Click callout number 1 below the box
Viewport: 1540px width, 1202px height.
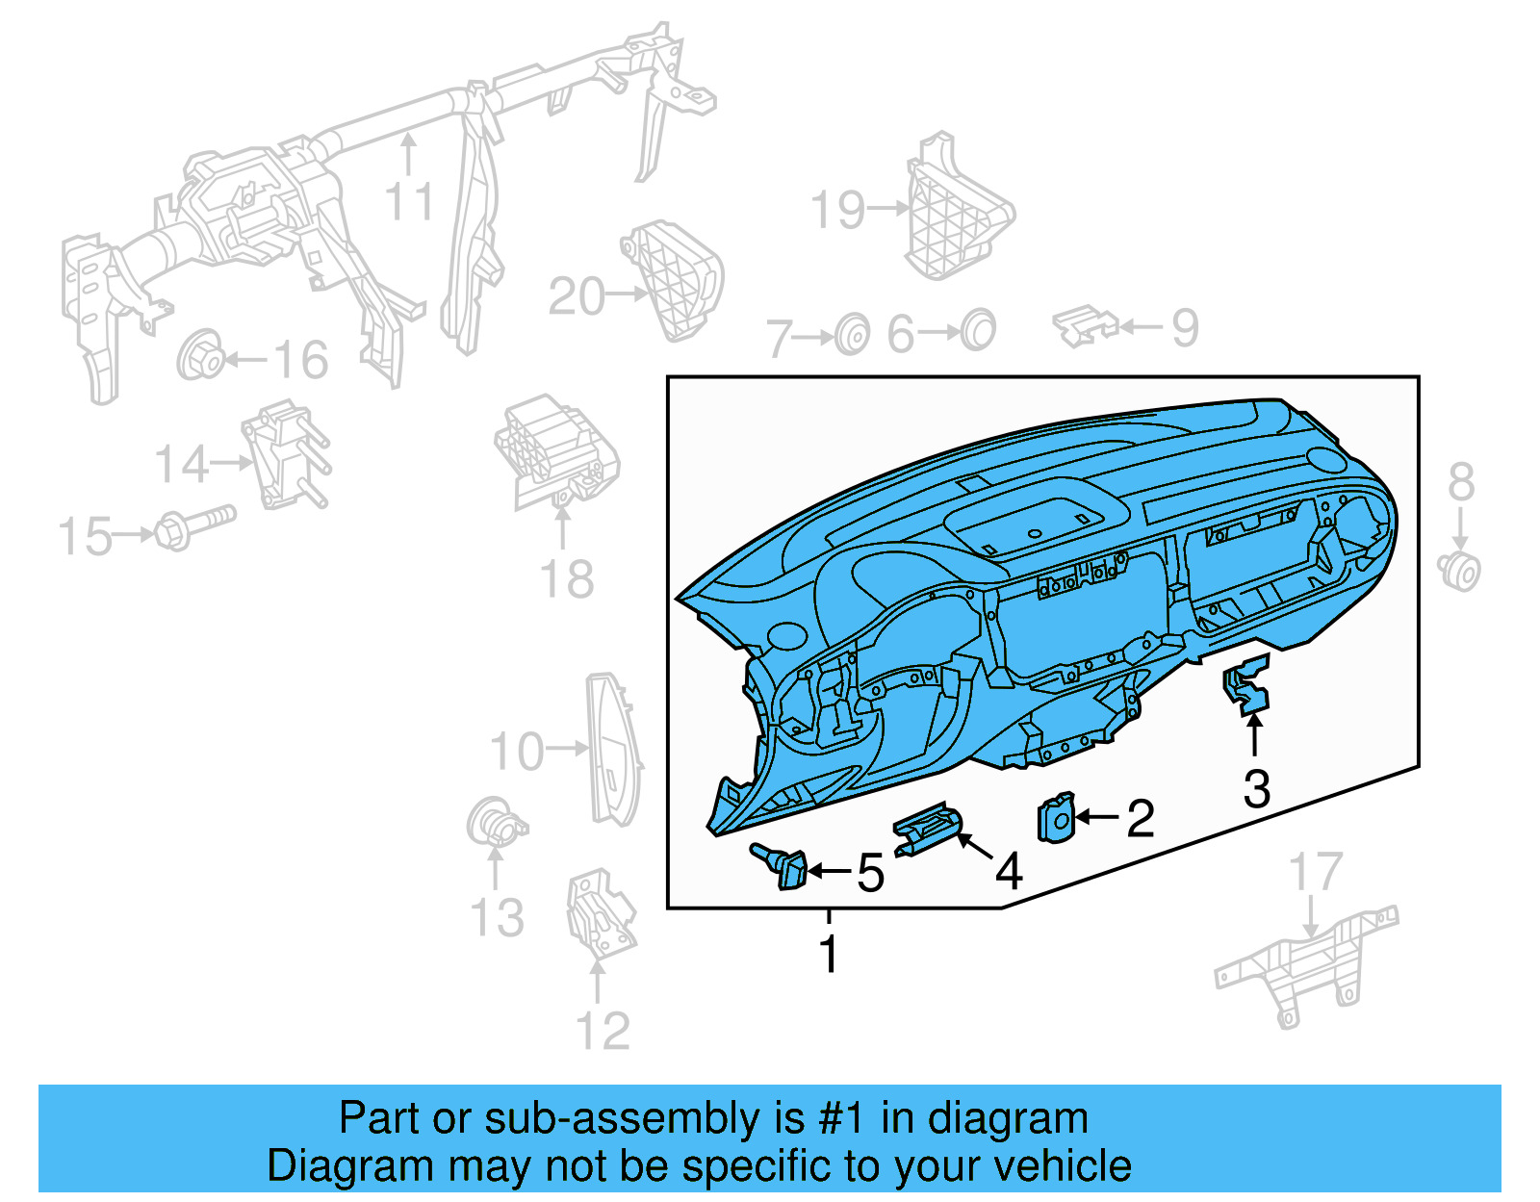point(829,954)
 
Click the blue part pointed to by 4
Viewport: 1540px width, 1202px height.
point(927,831)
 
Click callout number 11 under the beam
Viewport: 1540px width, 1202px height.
point(409,202)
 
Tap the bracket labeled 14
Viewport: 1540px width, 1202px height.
point(286,455)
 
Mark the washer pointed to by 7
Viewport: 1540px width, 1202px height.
point(852,335)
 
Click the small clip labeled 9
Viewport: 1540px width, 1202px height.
point(1085,326)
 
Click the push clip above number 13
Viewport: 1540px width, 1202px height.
point(495,823)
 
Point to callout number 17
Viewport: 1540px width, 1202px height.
point(1315,873)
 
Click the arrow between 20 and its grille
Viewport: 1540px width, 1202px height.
point(629,294)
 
